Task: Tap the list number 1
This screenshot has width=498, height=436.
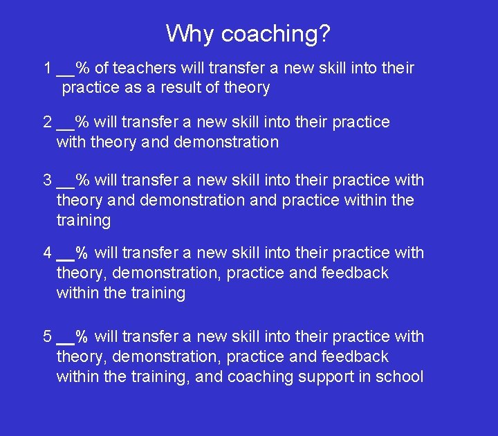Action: click(48, 68)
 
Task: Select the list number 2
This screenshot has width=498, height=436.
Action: click(48, 122)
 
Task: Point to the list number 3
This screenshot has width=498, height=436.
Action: click(48, 181)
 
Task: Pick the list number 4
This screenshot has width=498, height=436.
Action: click(48, 253)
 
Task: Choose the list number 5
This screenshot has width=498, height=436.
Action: click(48, 337)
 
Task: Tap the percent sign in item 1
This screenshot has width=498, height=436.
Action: click(82, 68)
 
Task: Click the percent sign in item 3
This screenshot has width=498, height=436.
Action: click(82, 181)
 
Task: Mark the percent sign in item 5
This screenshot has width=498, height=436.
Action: click(82, 337)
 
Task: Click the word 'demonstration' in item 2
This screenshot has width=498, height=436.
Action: click(226, 143)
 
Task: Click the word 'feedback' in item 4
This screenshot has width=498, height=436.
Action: click(355, 273)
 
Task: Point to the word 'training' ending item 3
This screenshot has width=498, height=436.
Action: click(83, 221)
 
